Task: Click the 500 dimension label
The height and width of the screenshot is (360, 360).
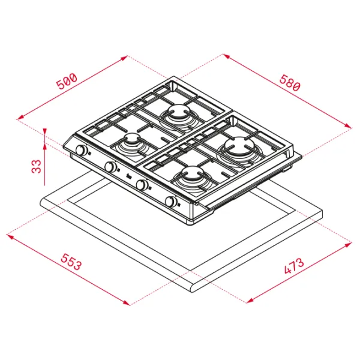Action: [67, 82]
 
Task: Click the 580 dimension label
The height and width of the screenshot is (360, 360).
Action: [290, 82]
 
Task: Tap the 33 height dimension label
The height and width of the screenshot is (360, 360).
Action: [36, 166]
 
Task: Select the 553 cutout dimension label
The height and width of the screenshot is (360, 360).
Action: [71, 262]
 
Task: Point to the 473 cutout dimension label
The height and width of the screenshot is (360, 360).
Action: [294, 266]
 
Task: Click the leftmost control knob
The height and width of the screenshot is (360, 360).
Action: [80, 151]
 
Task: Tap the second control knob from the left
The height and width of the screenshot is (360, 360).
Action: [110, 167]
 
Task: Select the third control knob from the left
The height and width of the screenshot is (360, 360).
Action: [142, 184]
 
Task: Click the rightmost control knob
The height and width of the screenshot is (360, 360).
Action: [171, 202]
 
